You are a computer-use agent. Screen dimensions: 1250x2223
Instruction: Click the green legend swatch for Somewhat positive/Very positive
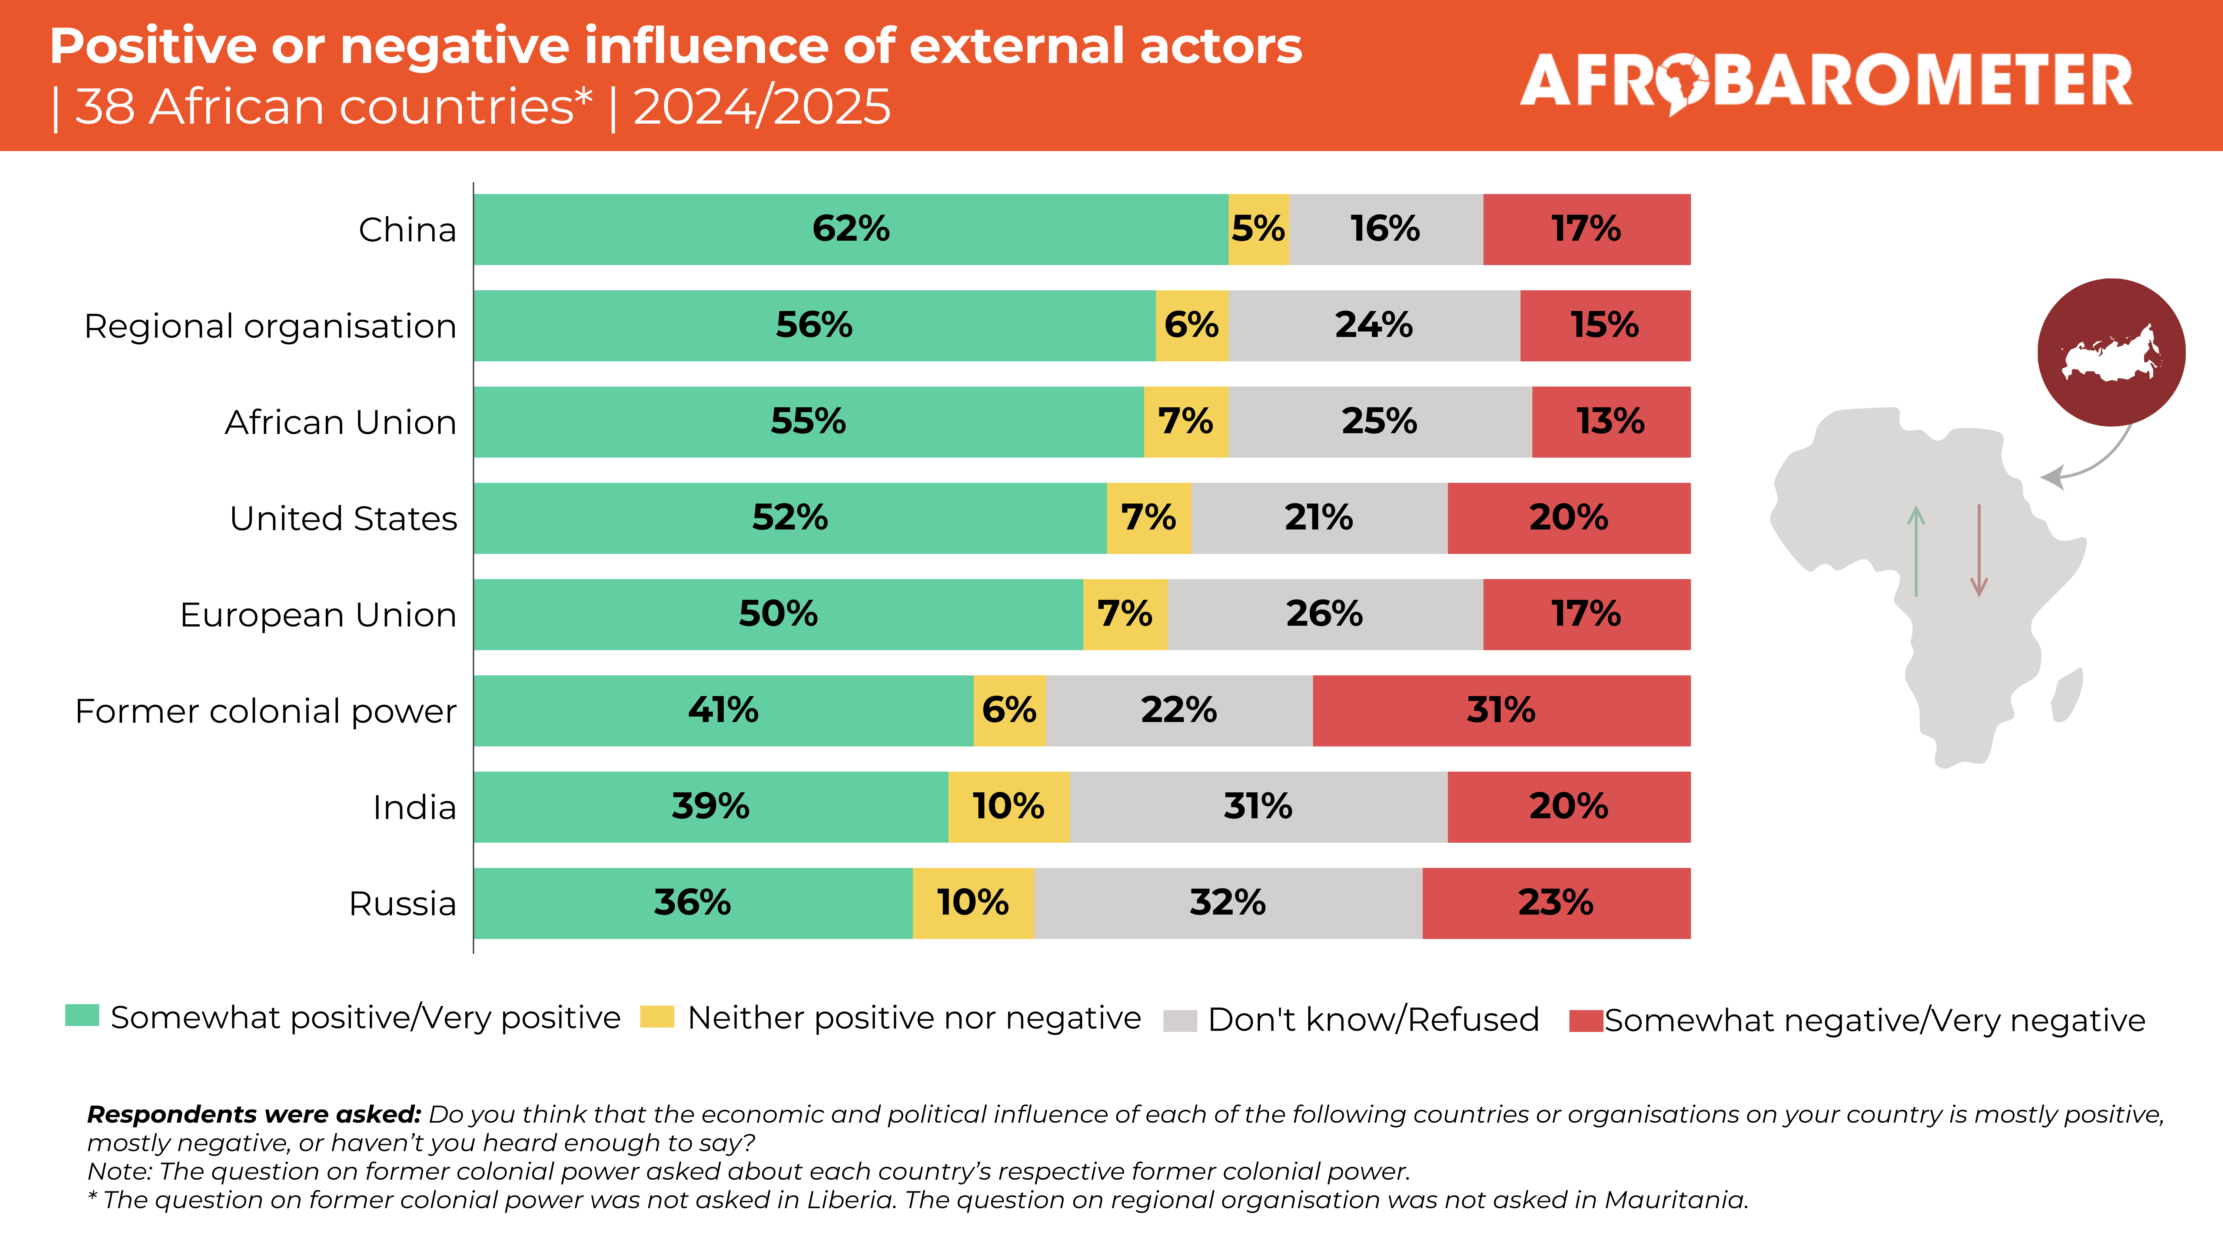pyautogui.click(x=82, y=1015)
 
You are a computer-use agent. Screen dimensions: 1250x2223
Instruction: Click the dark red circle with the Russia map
pyautogui.click(x=2111, y=352)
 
